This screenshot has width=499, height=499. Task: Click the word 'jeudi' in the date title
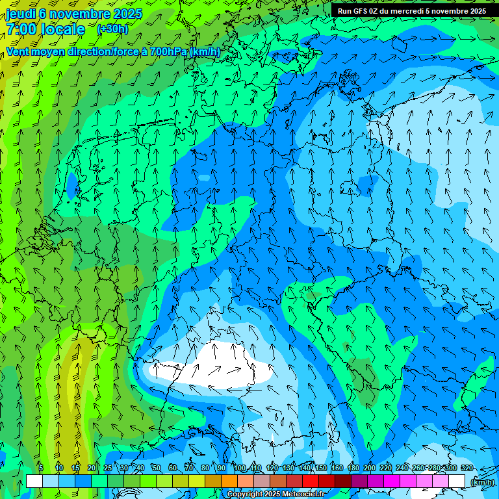coord(20,14)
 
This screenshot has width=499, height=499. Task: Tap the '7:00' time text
coord(24,30)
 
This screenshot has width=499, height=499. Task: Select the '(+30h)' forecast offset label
coord(112,29)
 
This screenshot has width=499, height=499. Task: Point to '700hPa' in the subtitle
coord(169,51)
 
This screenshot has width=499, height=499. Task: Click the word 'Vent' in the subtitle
coord(19,51)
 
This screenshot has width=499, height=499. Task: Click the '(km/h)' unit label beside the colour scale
coord(481,482)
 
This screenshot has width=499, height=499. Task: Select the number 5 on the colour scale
coord(42,468)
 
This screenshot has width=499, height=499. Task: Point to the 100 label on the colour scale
coord(240,468)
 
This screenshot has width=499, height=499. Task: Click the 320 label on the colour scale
coord(467,468)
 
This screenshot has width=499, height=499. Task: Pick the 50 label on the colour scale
coord(156,468)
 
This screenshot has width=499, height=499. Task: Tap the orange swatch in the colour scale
coord(229,481)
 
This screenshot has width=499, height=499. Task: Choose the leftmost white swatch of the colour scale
coord(34,481)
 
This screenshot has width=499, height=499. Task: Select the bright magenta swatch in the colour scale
coord(392,481)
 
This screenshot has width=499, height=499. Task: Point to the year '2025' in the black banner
coord(474,10)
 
